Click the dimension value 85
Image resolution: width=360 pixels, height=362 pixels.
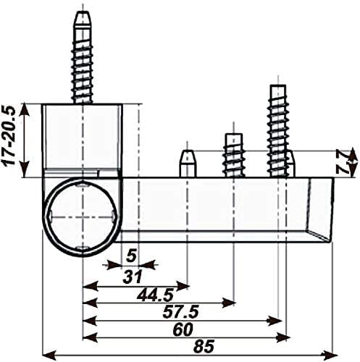pos(204,346)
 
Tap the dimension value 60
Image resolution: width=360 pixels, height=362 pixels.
pos(183,329)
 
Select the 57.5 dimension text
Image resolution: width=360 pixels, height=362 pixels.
pos(180,311)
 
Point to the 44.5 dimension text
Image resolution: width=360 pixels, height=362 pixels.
pos(155,295)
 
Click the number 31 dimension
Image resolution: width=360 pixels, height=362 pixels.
pos(133,277)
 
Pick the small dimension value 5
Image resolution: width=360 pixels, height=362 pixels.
pos(132,256)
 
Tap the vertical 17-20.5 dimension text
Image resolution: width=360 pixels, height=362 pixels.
pos(9,135)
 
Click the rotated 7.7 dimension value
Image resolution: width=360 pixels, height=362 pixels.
pos(343,161)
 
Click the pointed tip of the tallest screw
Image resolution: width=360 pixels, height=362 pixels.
pos(83,12)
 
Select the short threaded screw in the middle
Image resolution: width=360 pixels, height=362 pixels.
pos(233,155)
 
